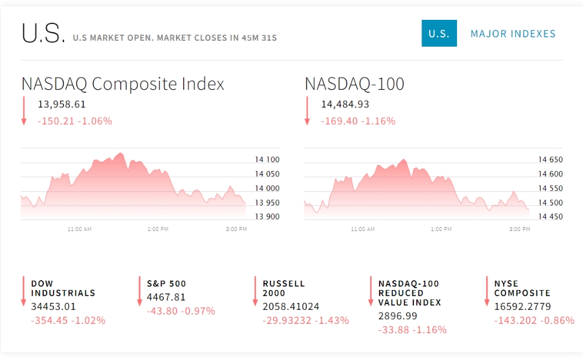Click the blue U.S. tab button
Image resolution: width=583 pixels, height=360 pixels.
[x=439, y=33]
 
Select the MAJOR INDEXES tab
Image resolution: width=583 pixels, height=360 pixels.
[x=513, y=34]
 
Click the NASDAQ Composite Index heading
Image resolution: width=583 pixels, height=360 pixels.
[x=122, y=84]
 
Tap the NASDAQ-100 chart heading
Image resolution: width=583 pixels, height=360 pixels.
[x=354, y=84]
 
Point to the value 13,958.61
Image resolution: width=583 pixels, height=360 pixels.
[x=62, y=104]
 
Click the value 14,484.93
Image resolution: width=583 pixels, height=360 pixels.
[x=345, y=104]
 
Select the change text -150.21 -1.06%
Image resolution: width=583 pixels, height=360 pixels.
[x=75, y=121]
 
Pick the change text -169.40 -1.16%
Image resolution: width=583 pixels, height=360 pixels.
[x=358, y=121]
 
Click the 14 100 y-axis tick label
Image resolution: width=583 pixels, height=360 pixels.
[x=267, y=160]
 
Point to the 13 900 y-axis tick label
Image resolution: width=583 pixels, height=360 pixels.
[x=267, y=216]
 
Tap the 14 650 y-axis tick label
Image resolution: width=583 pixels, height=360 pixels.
[x=550, y=160]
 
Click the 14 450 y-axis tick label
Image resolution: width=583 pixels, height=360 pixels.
[x=550, y=216]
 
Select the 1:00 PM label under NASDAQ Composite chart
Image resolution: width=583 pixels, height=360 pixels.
[x=158, y=229]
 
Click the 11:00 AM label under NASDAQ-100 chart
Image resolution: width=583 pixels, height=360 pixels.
[x=363, y=229]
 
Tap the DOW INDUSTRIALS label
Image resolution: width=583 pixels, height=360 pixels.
[x=63, y=288]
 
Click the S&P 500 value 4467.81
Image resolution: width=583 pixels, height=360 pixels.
[x=166, y=297]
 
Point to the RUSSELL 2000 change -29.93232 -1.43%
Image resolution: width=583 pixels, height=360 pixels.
[x=305, y=320]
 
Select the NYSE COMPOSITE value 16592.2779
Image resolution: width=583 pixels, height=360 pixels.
[x=522, y=306]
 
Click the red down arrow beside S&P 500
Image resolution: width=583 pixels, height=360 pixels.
[x=139, y=291]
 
